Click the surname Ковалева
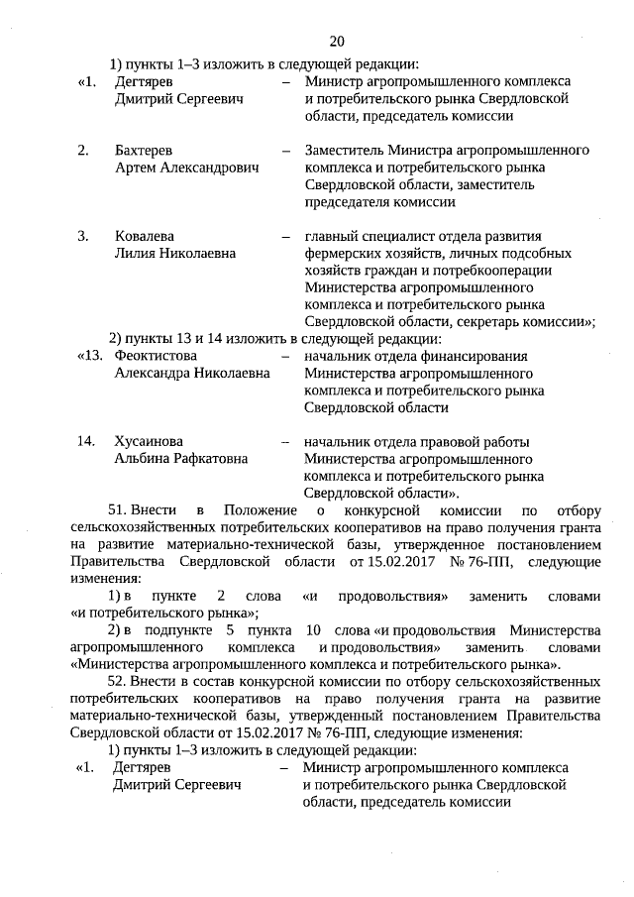pos(145,236)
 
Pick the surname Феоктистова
pos(156,356)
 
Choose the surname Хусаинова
pos(150,441)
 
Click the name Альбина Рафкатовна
pos(181,459)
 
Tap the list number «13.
pos(90,356)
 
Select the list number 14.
pos(88,441)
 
